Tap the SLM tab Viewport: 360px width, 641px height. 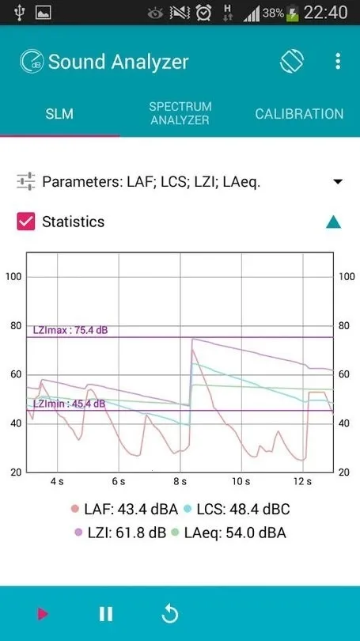[59, 114]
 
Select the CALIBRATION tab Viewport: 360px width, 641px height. [299, 114]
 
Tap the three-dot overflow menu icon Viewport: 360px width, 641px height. [338, 62]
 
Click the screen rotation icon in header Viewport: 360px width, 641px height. [292, 62]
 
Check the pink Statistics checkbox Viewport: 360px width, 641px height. [26, 222]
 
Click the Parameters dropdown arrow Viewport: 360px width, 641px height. [338, 182]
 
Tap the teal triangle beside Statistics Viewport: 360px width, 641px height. [334, 222]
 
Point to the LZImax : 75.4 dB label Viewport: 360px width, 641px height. [70, 331]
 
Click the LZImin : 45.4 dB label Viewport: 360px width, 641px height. [69, 404]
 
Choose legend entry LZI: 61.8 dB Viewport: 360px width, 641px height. [119, 533]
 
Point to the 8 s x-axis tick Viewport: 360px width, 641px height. [180, 481]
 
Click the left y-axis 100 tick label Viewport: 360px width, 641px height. [13, 276]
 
